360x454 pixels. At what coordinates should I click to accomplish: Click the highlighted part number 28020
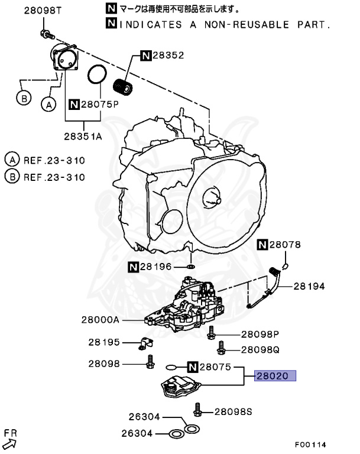[274, 376]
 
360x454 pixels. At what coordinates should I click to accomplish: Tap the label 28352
[168, 56]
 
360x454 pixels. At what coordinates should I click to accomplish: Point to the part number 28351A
[83, 135]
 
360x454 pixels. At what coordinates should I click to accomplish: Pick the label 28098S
[233, 411]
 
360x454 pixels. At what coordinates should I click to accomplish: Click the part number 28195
[104, 342]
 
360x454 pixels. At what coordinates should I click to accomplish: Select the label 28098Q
[260, 349]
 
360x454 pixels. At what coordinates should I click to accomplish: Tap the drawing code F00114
[311, 445]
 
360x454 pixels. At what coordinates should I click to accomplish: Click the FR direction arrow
[10, 439]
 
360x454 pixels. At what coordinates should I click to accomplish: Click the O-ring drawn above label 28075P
[96, 76]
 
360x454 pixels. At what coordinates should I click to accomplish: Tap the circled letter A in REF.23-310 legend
[12, 160]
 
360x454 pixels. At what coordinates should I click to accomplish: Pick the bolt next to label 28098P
[211, 335]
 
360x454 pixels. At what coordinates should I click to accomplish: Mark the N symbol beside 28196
[134, 268]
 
